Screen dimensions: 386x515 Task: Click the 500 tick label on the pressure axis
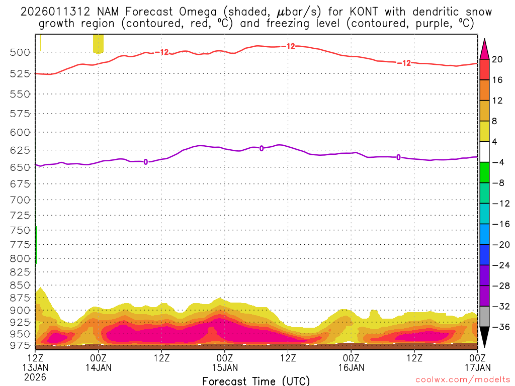(20, 52)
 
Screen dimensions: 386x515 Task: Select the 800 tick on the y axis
(20, 258)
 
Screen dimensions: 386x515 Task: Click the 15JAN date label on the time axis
(225, 367)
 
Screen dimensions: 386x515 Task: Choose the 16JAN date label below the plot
(351, 367)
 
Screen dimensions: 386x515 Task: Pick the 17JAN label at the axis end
(477, 367)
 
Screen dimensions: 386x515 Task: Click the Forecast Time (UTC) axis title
(256, 380)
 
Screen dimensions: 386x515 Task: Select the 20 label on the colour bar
(497, 59)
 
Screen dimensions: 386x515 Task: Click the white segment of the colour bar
(485, 152)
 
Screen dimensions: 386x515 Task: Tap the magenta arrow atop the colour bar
(485, 49)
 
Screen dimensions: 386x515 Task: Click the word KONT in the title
(345, 12)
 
